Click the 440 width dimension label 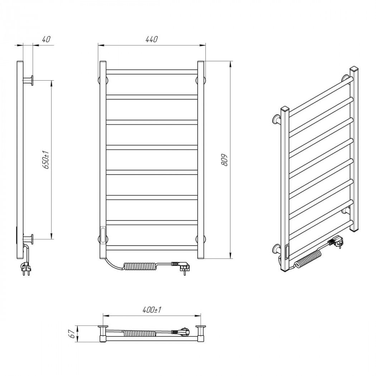[x=151, y=39]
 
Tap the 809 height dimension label [x=224, y=160]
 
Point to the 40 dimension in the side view [x=46, y=39]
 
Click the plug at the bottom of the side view [x=26, y=269]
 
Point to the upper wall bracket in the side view [x=29, y=80]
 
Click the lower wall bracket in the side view [x=29, y=239]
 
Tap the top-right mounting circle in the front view [x=201, y=80]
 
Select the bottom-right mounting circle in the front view [x=201, y=239]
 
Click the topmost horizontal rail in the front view [x=152, y=72]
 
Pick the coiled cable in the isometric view [x=308, y=259]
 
